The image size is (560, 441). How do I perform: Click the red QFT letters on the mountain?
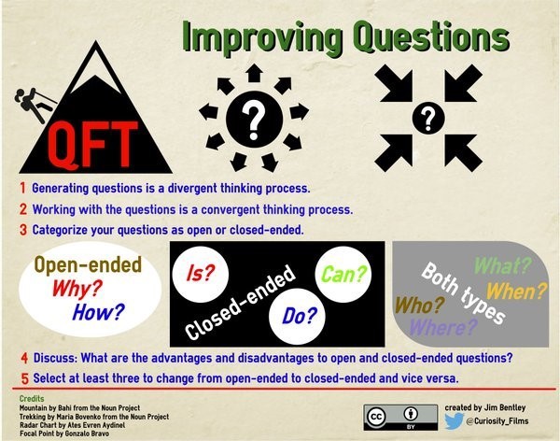[x=92, y=145]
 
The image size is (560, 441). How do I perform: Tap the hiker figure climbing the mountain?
[x=34, y=105]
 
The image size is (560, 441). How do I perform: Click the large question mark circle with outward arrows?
[x=254, y=119]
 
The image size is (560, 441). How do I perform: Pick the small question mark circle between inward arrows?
[x=428, y=118]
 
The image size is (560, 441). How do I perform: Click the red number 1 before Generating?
[x=22, y=188]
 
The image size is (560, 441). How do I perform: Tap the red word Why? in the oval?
[x=77, y=288]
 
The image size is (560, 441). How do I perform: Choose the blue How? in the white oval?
[x=99, y=311]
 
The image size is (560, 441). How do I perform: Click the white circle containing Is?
[x=201, y=275]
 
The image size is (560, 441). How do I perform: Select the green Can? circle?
[x=343, y=275]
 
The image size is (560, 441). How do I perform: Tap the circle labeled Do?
[x=297, y=316]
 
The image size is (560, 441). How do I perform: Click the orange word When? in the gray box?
[x=516, y=291]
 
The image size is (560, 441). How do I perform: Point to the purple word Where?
[x=443, y=327]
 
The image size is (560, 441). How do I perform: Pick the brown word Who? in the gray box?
[x=419, y=306]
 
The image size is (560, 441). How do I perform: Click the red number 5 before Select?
[x=24, y=378]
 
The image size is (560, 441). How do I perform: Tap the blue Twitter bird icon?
[x=454, y=421]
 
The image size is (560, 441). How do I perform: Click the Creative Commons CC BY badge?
[x=400, y=418]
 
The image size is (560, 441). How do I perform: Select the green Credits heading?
[x=32, y=399]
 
